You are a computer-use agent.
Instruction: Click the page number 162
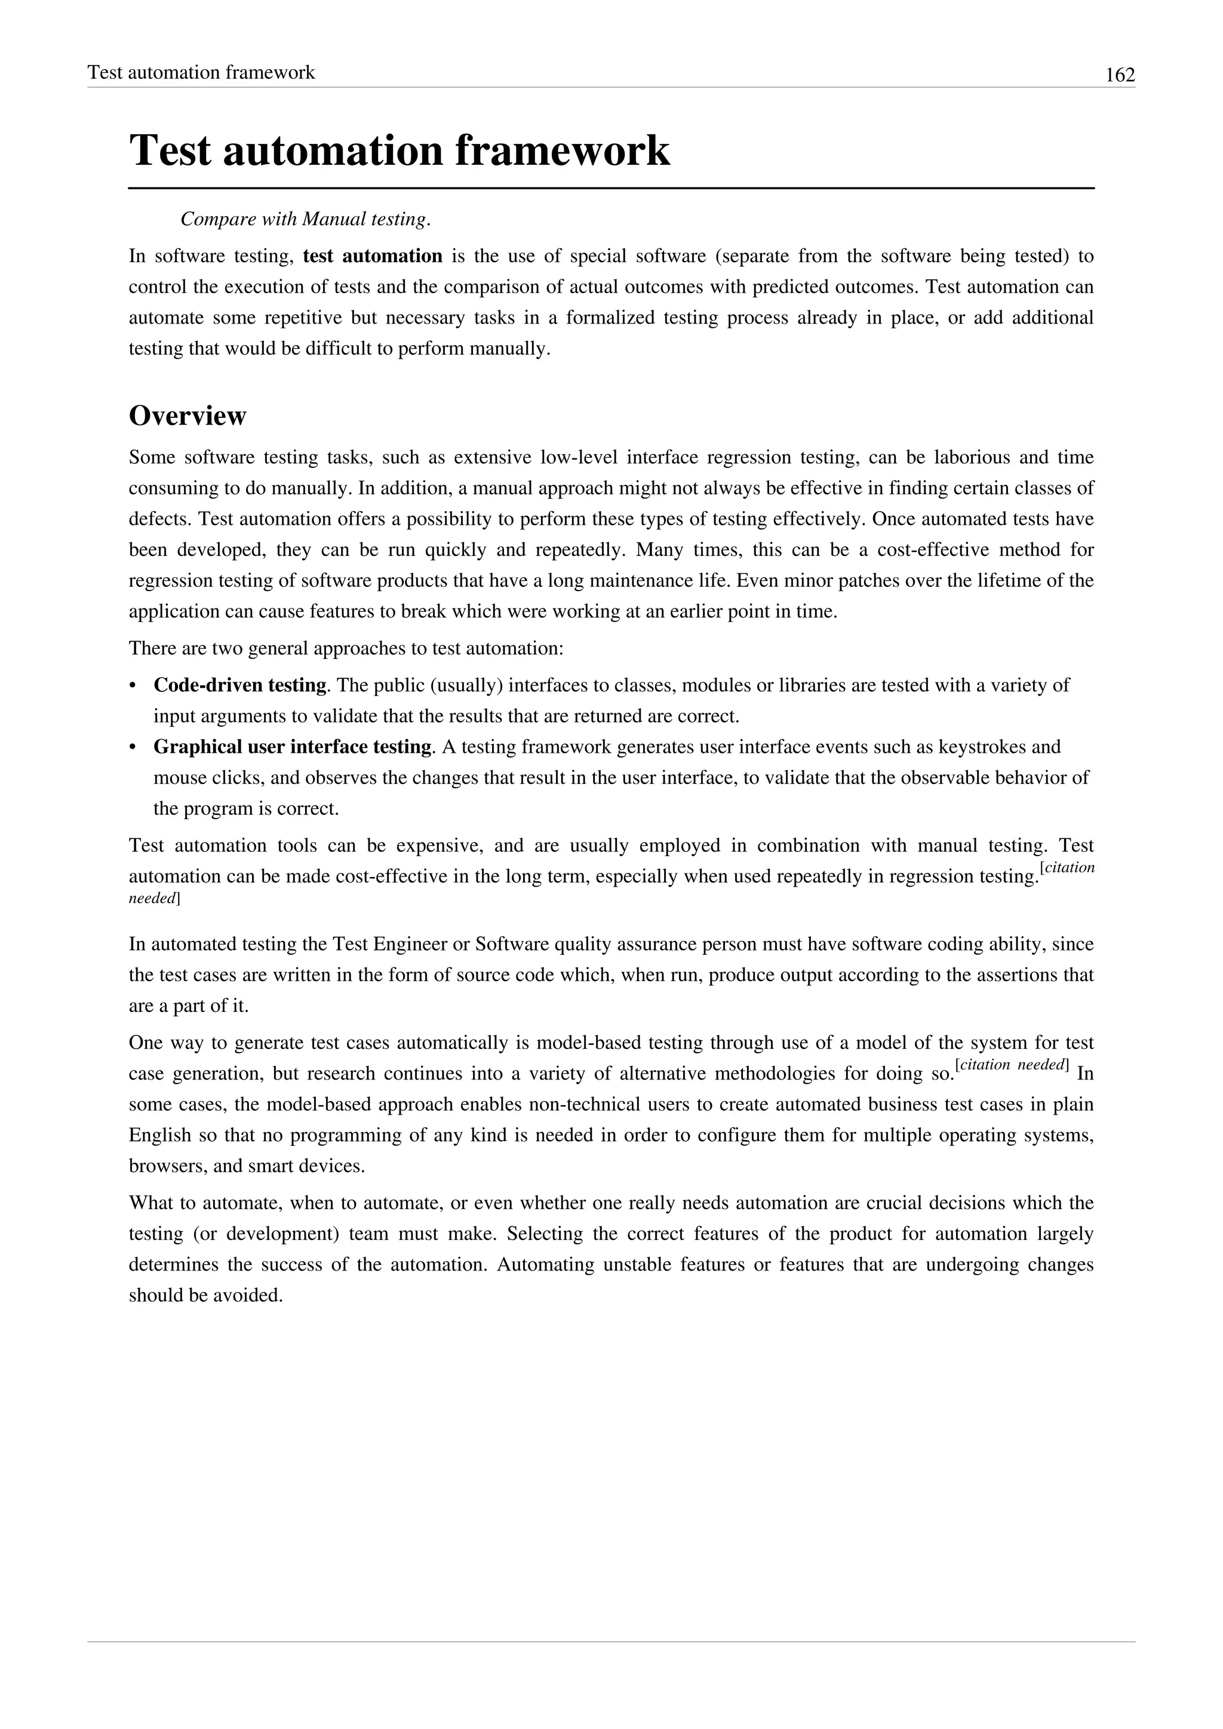pyautogui.click(x=1119, y=75)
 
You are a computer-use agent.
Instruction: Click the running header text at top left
pyautogui.click(x=201, y=72)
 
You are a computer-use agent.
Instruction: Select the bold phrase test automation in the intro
pyautogui.click(x=372, y=256)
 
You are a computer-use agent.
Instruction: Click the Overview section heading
pyautogui.click(x=188, y=416)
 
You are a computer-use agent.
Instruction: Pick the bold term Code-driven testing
pyautogui.click(x=239, y=685)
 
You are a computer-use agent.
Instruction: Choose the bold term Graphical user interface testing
pyautogui.click(x=292, y=747)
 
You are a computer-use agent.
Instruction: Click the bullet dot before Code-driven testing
pyautogui.click(x=133, y=685)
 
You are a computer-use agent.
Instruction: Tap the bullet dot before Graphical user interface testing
pyautogui.click(x=133, y=747)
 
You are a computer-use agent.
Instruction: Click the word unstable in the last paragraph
pyautogui.click(x=637, y=1265)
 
